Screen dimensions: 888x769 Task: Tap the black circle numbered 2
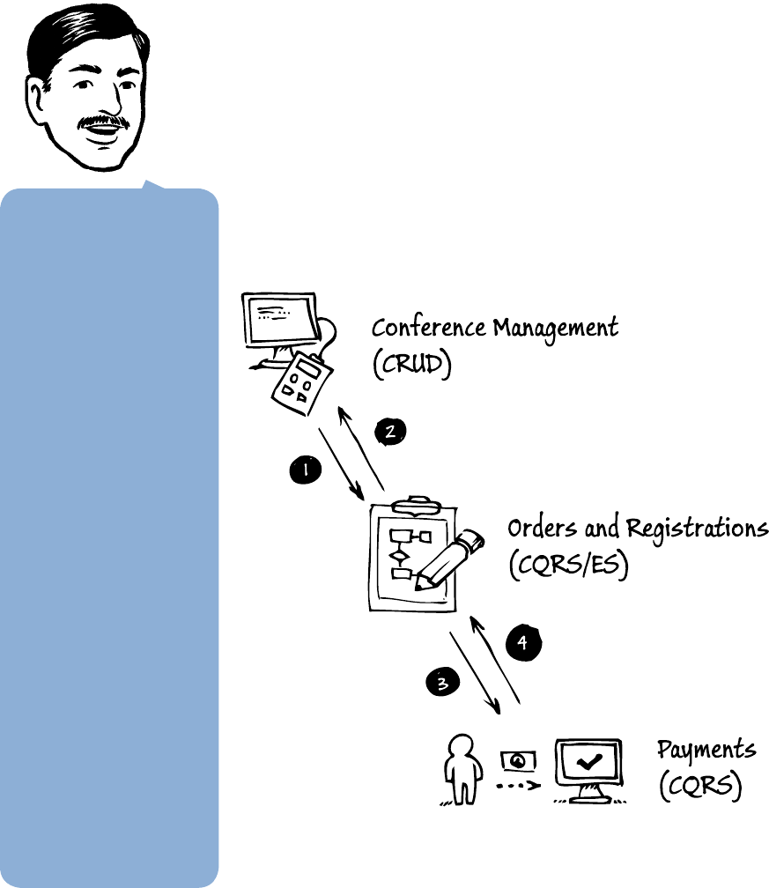(x=390, y=431)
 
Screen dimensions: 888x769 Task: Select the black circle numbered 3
(x=442, y=681)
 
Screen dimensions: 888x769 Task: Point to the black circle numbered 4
(x=522, y=642)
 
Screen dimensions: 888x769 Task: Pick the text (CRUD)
(x=411, y=364)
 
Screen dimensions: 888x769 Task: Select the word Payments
(x=706, y=751)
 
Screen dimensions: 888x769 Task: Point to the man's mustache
(x=103, y=121)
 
